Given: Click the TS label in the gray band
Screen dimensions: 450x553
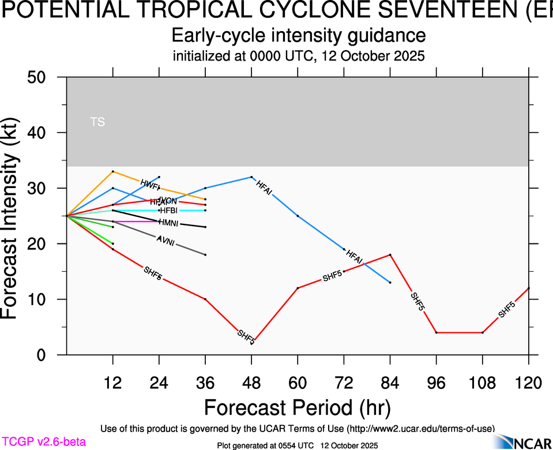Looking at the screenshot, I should (x=97, y=122).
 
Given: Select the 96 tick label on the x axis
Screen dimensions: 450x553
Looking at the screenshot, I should (x=436, y=382).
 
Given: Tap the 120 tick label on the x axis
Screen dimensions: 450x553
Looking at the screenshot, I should (x=528, y=382).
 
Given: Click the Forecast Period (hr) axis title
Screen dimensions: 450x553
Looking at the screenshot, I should (x=298, y=408).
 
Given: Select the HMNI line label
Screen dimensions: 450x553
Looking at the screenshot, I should (x=168, y=223).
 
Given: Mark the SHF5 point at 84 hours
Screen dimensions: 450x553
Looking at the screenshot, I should (x=390, y=254).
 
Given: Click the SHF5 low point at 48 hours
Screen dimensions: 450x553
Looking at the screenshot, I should (x=252, y=343).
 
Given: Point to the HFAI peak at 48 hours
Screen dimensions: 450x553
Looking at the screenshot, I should (x=251, y=177).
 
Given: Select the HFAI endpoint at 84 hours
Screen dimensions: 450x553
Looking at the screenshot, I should (x=390, y=282).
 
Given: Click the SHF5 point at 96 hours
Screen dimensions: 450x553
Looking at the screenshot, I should (x=437, y=332).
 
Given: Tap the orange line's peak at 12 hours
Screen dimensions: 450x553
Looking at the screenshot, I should (x=113, y=171).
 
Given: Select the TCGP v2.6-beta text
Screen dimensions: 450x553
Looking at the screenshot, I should (x=43, y=442).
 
